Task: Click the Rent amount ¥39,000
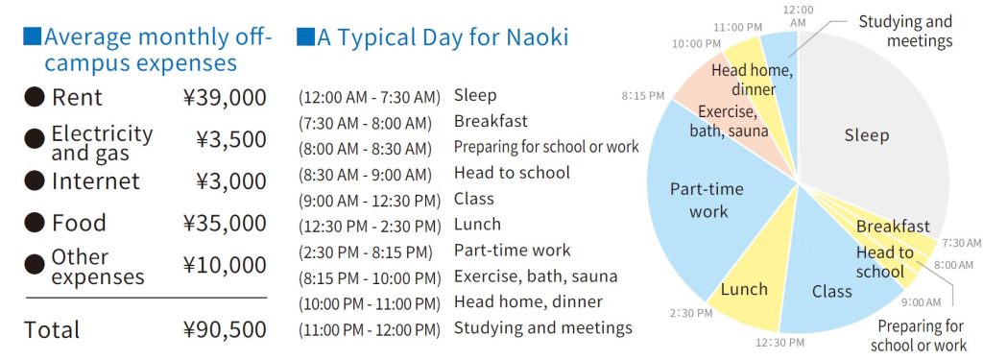pyautogui.click(x=225, y=98)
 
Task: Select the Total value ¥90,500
pyautogui.click(x=225, y=330)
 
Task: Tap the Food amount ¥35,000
pyautogui.click(x=225, y=224)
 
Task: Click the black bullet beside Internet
pyautogui.click(x=35, y=181)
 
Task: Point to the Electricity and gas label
pyautogui.click(x=102, y=143)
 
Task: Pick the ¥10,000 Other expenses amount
pyautogui.click(x=225, y=265)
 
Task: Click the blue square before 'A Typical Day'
pyautogui.click(x=305, y=37)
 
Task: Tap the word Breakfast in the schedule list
pyautogui.click(x=491, y=120)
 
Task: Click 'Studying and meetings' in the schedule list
pyautogui.click(x=543, y=327)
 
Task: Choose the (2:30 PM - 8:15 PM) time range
pyautogui.click(x=366, y=252)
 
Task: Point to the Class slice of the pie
pyautogui.click(x=834, y=282)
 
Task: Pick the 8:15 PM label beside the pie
pyautogui.click(x=642, y=96)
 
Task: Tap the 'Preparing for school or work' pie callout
pyautogui.click(x=919, y=336)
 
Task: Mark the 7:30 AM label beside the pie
pyautogui.click(x=960, y=243)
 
